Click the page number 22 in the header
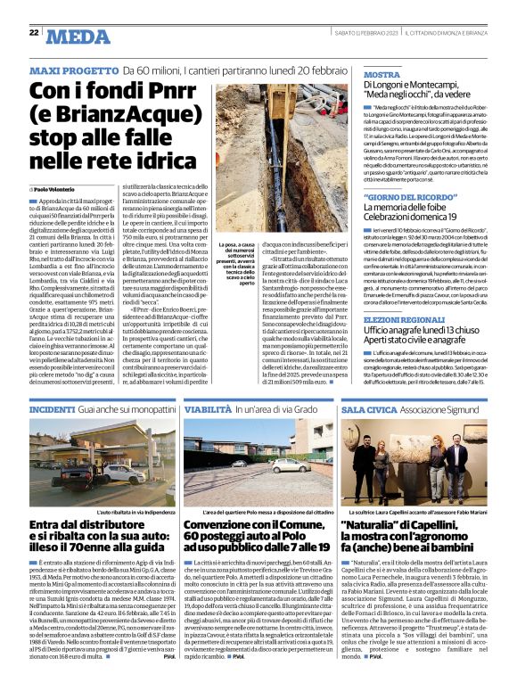click(33, 33)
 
